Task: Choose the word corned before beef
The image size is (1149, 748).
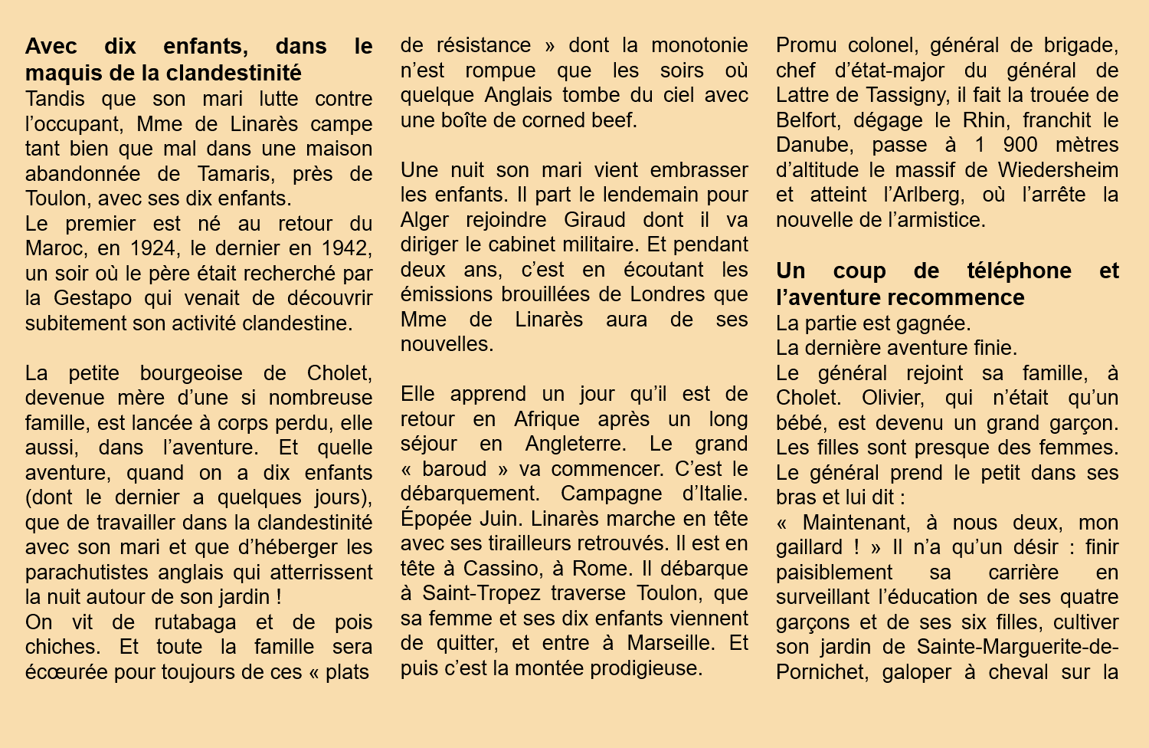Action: click(x=563, y=120)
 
